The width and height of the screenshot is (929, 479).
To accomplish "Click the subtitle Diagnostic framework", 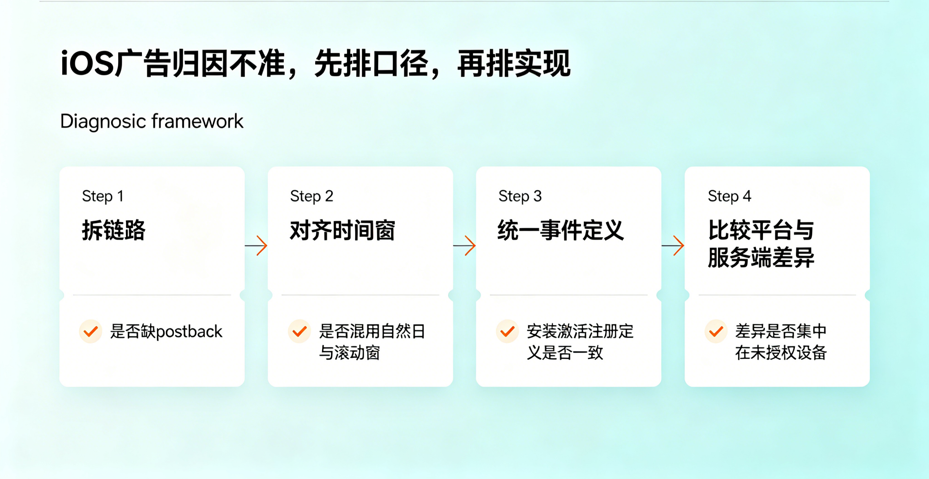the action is click(x=151, y=122).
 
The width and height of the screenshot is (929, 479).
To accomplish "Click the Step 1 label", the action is click(x=103, y=196).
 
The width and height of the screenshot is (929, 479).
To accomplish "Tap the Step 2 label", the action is click(x=312, y=196).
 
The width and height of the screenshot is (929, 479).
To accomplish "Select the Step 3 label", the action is click(x=520, y=196).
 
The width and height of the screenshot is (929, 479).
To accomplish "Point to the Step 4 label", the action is click(x=729, y=196).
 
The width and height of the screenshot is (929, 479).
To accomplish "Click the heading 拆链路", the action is click(x=114, y=230).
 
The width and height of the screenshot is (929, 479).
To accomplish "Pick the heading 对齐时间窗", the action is click(x=343, y=230).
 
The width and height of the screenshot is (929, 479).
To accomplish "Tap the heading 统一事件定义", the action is click(x=561, y=230).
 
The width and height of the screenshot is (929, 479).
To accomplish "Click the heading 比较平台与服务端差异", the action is click(x=761, y=244).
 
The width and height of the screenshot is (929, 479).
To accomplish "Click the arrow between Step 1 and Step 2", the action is click(x=256, y=246).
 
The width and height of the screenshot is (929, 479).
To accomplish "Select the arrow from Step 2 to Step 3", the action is click(x=464, y=246).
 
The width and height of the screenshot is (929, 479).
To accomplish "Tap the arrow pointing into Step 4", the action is click(x=673, y=246).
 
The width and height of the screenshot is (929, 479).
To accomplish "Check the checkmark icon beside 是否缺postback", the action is click(x=91, y=331).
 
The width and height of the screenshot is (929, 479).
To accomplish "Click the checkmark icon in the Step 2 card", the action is click(x=299, y=331).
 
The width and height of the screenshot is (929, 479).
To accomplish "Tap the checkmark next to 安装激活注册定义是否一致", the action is click(x=507, y=331).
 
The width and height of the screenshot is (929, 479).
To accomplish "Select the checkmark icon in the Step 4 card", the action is click(x=716, y=331).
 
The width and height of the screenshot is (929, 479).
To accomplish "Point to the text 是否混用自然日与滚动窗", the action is click(x=372, y=342).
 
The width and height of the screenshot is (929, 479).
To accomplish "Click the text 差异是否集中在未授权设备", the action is click(x=781, y=342).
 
